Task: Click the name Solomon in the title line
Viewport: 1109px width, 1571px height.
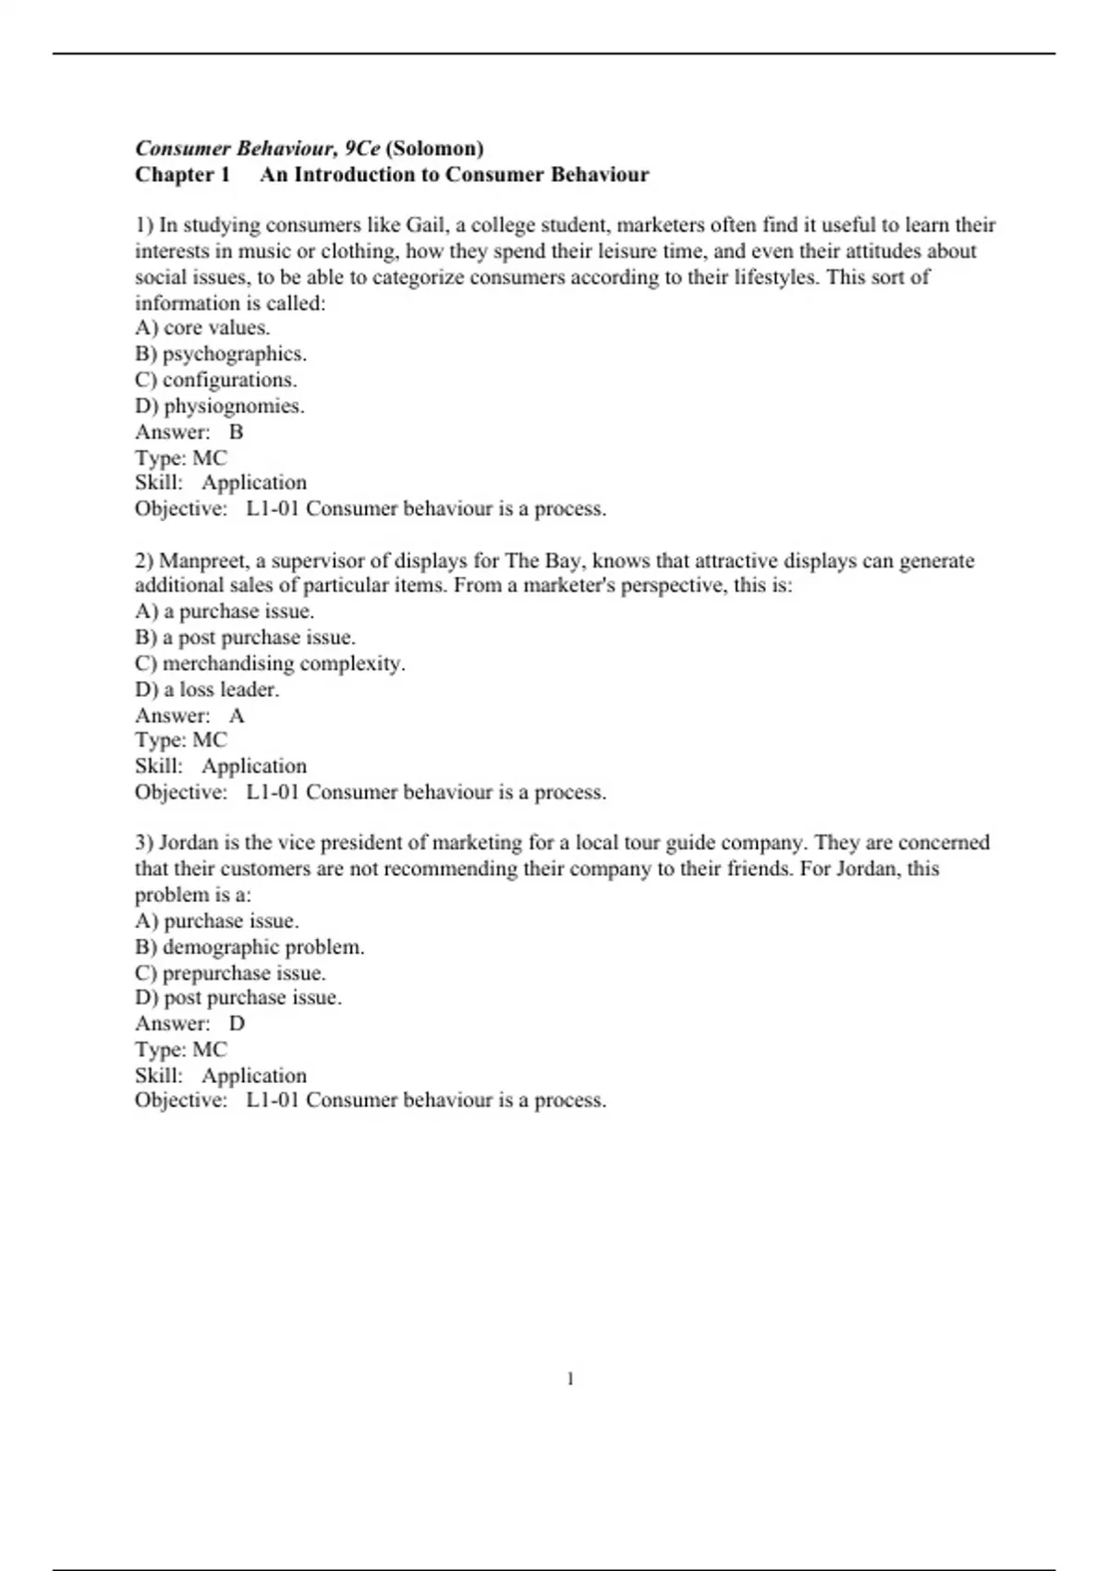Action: point(434,149)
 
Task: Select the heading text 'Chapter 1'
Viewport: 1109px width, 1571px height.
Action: point(182,175)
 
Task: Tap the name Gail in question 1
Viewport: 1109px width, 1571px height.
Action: point(425,225)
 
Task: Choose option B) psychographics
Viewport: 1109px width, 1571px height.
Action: point(221,354)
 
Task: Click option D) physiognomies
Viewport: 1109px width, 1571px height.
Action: point(220,406)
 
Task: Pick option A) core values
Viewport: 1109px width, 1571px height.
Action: point(202,328)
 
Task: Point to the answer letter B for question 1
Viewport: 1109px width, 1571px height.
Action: point(237,432)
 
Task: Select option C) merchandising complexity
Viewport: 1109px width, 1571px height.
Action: point(270,664)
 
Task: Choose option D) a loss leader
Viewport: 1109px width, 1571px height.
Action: point(207,689)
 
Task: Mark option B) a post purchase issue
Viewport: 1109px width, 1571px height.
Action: point(245,638)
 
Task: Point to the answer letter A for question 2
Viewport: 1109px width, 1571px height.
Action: point(238,715)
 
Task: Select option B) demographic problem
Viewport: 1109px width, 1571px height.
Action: point(250,947)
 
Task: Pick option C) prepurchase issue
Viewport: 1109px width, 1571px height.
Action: point(230,973)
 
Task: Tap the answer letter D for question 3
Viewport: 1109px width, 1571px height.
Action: point(238,1024)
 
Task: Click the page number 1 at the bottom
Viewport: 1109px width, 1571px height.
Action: point(570,1380)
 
